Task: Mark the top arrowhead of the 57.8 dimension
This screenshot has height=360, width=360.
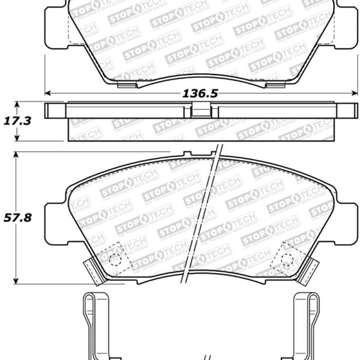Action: (17, 154)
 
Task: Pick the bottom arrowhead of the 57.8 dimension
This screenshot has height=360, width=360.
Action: (17, 281)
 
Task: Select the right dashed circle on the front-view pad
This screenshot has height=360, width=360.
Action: (287, 259)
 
